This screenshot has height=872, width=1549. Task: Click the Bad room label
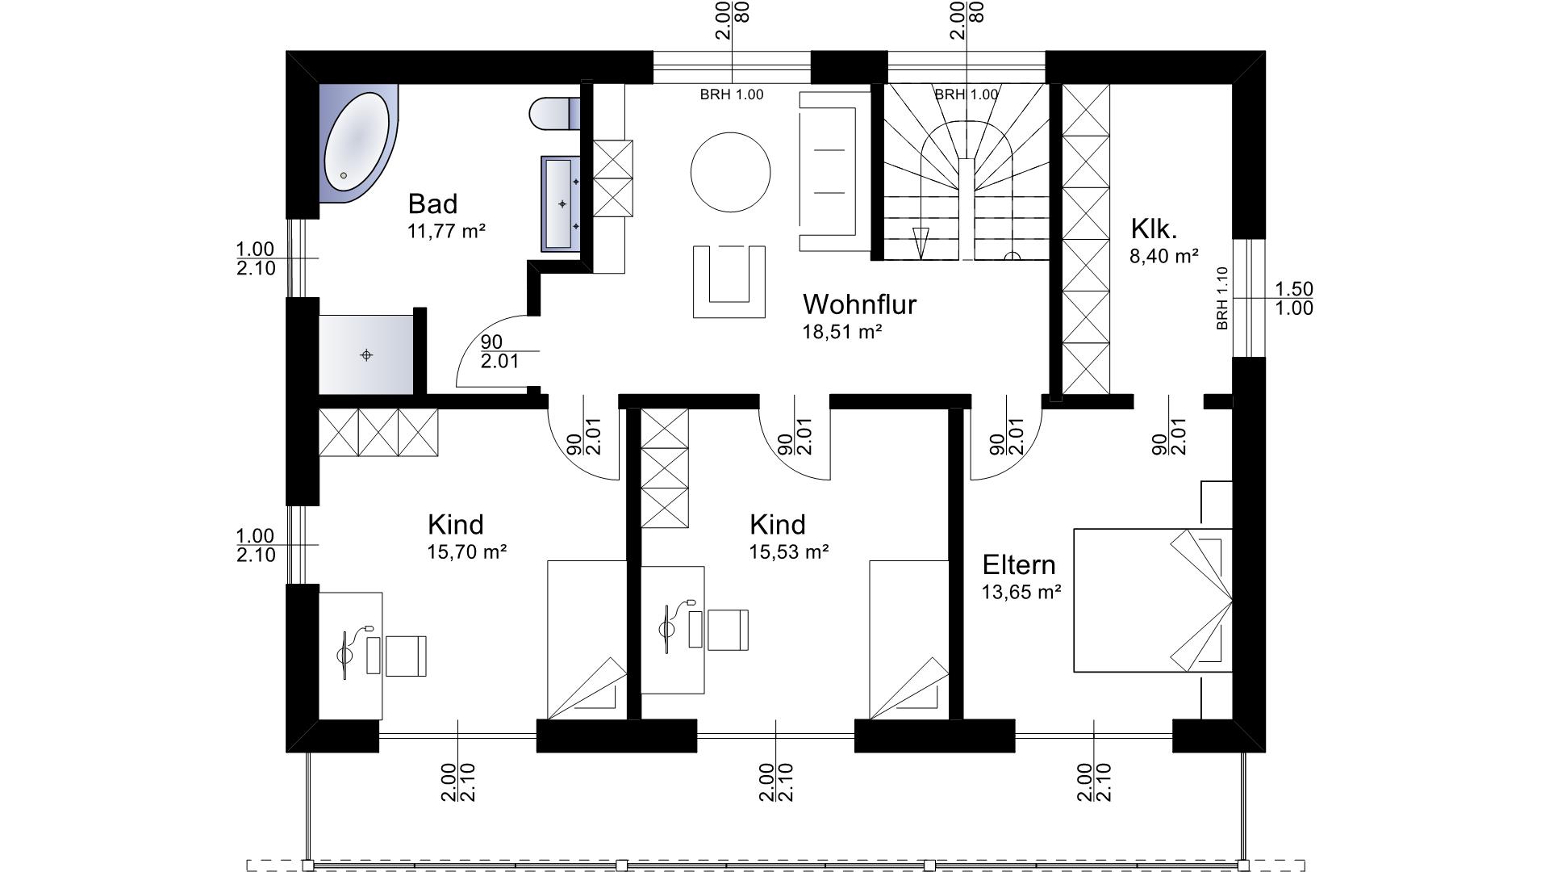(x=432, y=203)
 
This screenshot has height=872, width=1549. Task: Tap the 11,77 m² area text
(x=447, y=232)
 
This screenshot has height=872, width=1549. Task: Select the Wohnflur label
(x=859, y=304)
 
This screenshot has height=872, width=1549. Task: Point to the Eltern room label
(x=1019, y=564)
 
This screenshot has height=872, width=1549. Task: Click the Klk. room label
(x=1154, y=229)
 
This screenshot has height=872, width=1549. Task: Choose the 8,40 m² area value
(x=1164, y=257)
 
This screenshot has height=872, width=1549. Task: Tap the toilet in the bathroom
(x=556, y=113)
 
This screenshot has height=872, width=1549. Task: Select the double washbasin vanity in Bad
(x=561, y=203)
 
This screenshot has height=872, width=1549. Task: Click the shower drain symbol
(x=366, y=354)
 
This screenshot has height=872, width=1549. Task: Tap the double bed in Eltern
(x=1153, y=600)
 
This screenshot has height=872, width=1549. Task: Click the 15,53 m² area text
(x=790, y=552)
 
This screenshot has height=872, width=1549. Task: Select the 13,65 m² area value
(x=1021, y=592)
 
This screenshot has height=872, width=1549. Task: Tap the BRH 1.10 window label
(x=1222, y=298)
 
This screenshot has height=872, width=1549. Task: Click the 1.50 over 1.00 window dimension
(x=1294, y=298)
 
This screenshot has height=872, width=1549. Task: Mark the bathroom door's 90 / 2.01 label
(x=500, y=351)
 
